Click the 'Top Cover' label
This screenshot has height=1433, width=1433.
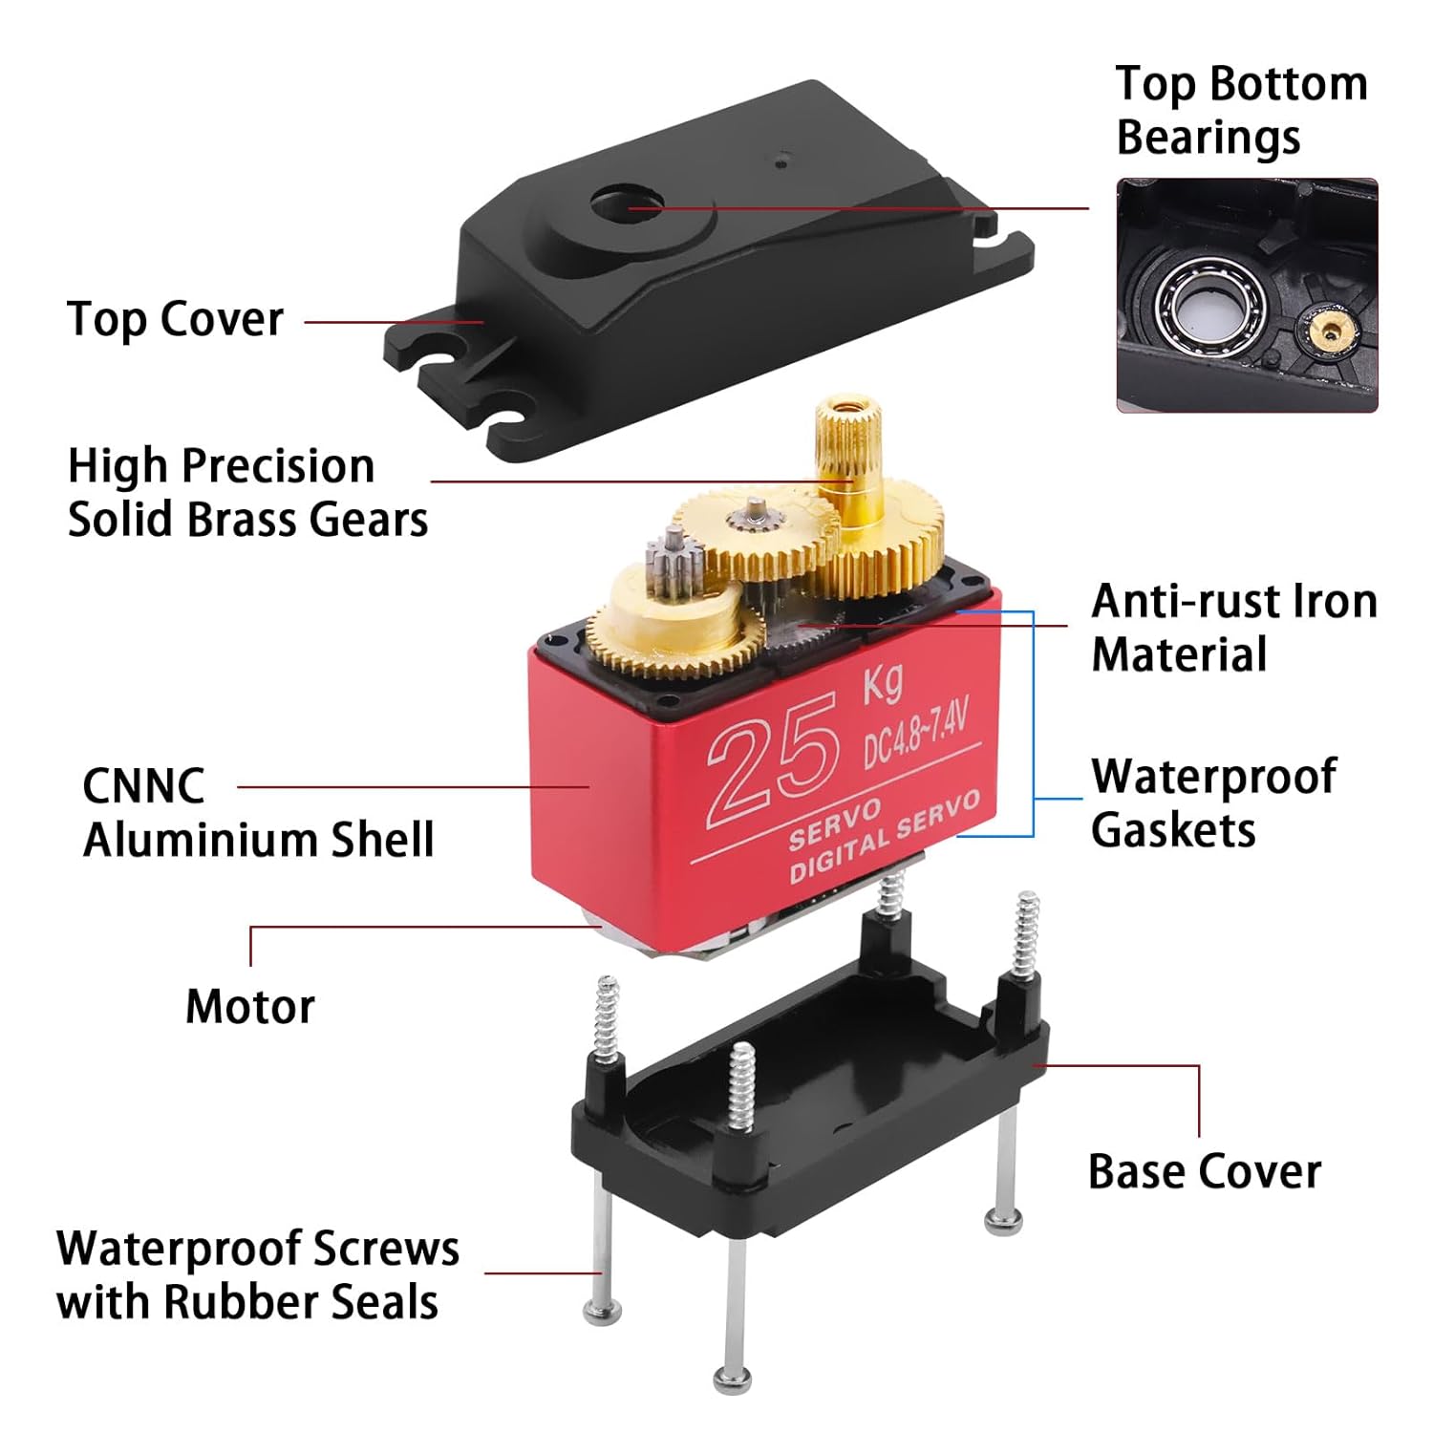175,319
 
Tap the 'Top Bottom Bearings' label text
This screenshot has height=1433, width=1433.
1240,110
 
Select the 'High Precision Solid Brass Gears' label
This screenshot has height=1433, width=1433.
246,493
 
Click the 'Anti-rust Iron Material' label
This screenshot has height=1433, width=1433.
1233,628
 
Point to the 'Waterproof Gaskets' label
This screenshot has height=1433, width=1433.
1212,802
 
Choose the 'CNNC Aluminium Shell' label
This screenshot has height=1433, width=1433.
258,813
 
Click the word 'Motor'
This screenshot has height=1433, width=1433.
249,1006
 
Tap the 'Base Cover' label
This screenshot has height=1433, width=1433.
1204,1170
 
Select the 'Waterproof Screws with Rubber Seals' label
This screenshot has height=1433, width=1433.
257,1274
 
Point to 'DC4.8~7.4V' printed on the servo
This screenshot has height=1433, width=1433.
915,733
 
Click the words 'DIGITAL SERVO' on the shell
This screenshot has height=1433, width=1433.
884,838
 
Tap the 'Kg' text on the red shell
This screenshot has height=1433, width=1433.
882,682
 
